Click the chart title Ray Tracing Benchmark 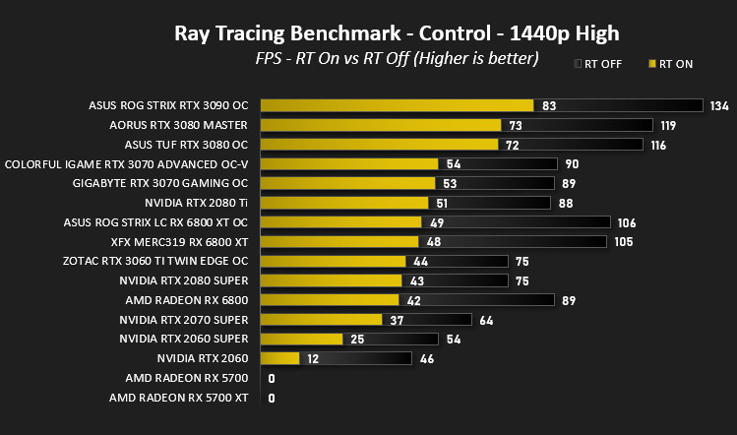coord(287,33)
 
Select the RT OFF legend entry coord(598,64)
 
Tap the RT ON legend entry coord(671,64)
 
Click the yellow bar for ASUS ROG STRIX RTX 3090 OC coord(398,105)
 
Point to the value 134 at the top coord(719,106)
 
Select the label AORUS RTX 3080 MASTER coord(178,125)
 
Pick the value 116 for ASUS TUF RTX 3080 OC coord(658,146)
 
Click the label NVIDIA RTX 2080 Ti coord(196,203)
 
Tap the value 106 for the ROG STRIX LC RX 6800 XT coord(627,222)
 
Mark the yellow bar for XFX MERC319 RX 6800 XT coord(339,242)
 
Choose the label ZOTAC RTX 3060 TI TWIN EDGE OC coord(155,261)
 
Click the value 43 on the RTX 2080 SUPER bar coord(417,281)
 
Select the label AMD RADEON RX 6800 coord(187,300)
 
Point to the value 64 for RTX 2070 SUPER coord(486,321)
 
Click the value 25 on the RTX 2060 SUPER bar coord(357,340)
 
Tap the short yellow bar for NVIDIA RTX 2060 coord(280,358)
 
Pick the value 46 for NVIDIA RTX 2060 coord(427,359)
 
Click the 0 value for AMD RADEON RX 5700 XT coord(272,399)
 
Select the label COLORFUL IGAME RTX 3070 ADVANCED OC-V coord(126,164)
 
